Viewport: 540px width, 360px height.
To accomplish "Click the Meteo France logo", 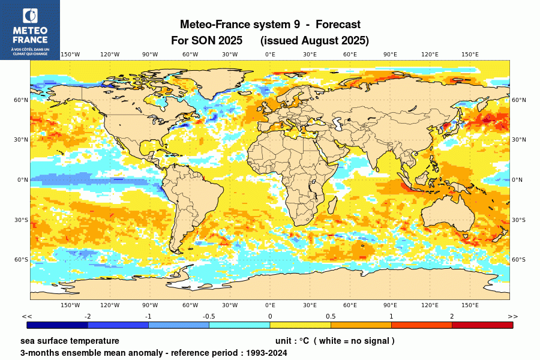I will click(x=29, y=29).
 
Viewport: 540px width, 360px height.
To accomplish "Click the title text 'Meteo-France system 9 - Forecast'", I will click(x=270, y=25).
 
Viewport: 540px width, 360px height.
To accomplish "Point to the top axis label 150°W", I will click(x=70, y=55).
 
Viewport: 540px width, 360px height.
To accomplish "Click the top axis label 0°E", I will click(x=270, y=55).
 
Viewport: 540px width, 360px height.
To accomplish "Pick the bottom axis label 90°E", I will click(x=390, y=305).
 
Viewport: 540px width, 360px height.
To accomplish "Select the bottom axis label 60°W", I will click(x=190, y=305).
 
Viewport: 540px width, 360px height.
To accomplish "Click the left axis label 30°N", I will click(x=22, y=140).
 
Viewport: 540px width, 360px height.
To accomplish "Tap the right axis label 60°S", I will click(x=518, y=260).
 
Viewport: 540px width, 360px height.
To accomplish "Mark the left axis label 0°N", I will click(x=22, y=180).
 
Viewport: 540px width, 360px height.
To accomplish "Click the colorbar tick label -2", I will click(x=88, y=316).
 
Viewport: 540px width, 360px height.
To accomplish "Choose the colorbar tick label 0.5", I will click(x=331, y=316).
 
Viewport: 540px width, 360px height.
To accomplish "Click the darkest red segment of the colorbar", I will click(x=482, y=325).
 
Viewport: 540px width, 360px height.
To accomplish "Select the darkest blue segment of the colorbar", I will click(x=57, y=325).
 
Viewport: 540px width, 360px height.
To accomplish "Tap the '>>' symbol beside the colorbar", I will click(x=513, y=316).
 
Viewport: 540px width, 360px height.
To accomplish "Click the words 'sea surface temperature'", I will click(x=70, y=341).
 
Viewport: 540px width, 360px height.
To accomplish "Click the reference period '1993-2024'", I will click(x=265, y=353).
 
